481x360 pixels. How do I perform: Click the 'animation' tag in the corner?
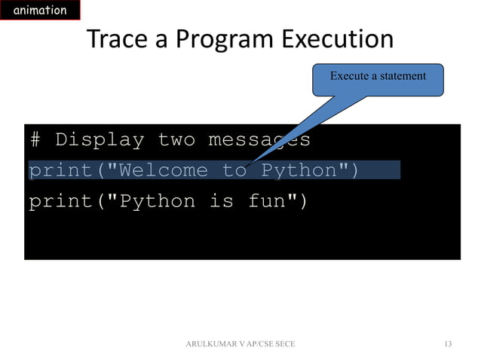tap(38, 11)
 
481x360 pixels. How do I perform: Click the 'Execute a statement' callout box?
tap(378, 79)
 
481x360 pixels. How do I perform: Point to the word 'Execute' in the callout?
tap(350, 76)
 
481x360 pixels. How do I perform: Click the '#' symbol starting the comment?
tap(35, 140)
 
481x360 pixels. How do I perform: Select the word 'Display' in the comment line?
tap(100, 140)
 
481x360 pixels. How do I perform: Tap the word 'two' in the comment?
tap(176, 140)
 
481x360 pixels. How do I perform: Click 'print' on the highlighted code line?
tap(60, 171)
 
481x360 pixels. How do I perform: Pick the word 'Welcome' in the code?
tap(164, 171)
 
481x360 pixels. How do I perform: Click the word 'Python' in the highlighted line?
tap(298, 171)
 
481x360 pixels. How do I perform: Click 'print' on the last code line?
tap(60, 202)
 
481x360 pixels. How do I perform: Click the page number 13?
tap(448, 344)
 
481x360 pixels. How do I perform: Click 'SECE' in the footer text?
tap(283, 344)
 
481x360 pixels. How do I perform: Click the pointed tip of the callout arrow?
tap(245, 163)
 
